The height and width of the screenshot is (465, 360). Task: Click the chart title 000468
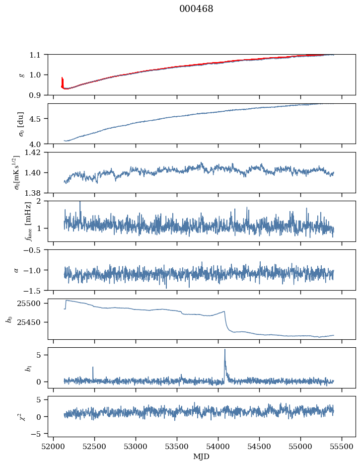point(196,9)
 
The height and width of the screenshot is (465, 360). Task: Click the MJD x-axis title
point(202,457)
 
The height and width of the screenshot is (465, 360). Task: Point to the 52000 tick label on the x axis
point(54,447)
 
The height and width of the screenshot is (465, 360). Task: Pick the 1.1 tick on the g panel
point(38,55)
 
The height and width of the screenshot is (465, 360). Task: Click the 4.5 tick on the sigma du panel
point(38,119)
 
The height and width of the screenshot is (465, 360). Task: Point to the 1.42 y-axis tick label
point(36,153)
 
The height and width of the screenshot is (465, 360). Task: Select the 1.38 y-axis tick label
point(36,193)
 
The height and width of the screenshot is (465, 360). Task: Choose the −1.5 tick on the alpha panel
point(36,290)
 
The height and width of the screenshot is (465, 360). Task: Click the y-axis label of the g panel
point(21,75)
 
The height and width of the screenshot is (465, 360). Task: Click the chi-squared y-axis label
point(21,417)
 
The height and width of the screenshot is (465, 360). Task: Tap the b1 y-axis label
point(21,368)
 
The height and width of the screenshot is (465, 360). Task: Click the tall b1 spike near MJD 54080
point(225,350)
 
